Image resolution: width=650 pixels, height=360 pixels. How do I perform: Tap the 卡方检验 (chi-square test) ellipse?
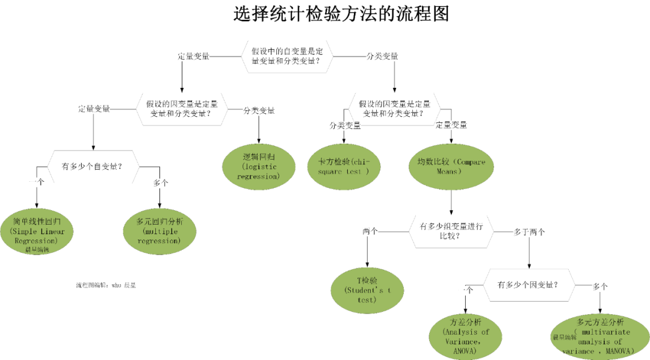[x=344, y=166]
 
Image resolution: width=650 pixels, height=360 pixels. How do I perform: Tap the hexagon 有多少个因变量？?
[x=528, y=285]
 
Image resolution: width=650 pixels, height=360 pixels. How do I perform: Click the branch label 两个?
[x=370, y=231]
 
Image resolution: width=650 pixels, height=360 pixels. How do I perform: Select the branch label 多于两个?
[x=530, y=231]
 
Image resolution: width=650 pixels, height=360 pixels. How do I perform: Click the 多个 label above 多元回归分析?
[x=161, y=182]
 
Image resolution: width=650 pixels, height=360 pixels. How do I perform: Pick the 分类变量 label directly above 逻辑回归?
[x=259, y=110]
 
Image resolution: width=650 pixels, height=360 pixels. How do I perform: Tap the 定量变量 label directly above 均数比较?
[x=451, y=125]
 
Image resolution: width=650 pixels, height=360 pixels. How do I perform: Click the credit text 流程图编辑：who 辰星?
[x=106, y=285]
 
